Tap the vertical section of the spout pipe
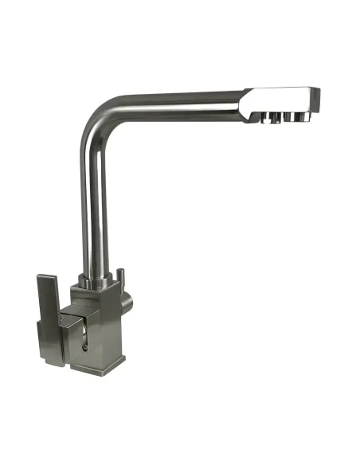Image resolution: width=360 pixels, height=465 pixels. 92,207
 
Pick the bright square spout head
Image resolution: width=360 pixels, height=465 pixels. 279,100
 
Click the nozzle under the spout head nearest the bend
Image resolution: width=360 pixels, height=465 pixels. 262,119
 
